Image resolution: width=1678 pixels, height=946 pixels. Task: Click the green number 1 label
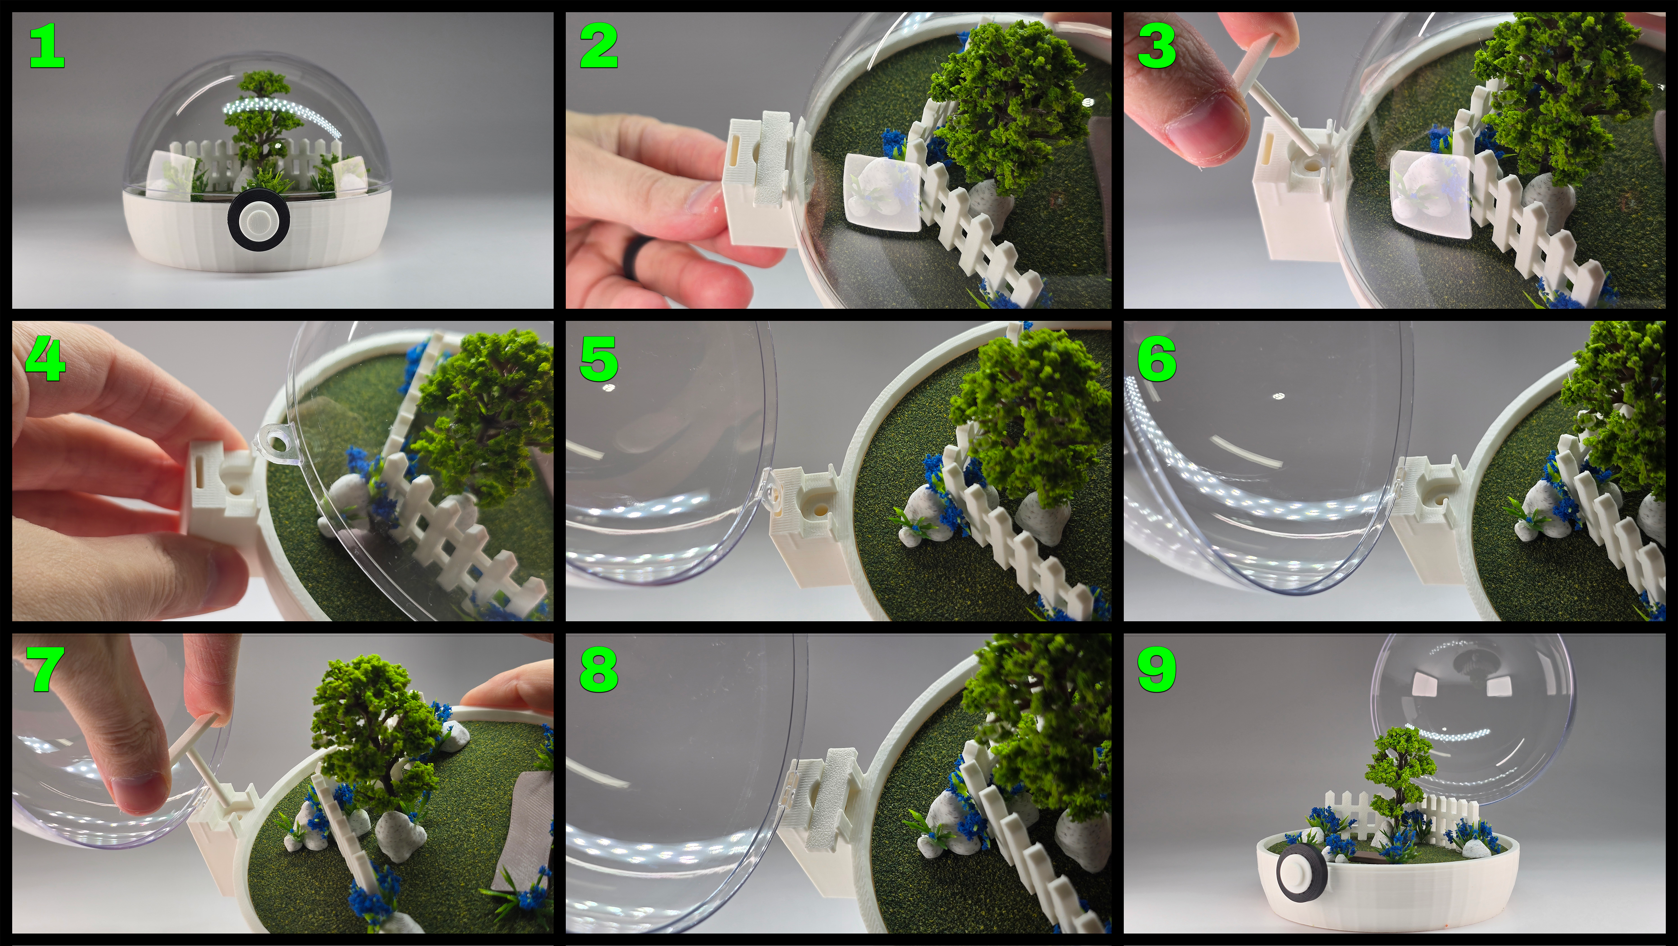coord(47,47)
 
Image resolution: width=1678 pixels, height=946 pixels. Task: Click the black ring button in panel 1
coord(259,219)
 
